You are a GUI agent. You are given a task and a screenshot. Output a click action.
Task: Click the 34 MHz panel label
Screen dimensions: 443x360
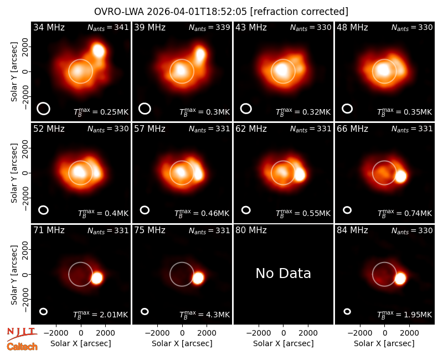[49, 27]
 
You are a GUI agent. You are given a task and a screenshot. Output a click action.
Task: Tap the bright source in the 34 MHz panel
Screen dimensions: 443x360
[99, 51]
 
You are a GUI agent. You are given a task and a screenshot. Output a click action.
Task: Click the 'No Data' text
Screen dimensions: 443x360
[283, 273]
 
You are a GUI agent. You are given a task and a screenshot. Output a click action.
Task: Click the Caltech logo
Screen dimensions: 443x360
[22, 347]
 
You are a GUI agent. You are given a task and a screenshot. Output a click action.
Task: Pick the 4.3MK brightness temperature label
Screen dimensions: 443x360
[204, 314]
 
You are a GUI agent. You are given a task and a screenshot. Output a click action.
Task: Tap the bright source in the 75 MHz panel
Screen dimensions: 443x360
[198, 278]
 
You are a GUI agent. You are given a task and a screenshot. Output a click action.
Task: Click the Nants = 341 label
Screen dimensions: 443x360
[108, 27]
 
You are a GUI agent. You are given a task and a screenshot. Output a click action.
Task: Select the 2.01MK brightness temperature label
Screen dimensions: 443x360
[101, 314]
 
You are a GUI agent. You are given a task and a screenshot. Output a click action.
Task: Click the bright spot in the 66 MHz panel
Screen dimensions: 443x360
[400, 176]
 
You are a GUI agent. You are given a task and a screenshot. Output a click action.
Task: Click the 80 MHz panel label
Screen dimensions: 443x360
[251, 230]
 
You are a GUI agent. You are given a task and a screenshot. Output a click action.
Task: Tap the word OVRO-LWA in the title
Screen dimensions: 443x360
[119, 12]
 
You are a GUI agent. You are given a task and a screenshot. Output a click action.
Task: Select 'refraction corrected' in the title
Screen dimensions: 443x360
[300, 12]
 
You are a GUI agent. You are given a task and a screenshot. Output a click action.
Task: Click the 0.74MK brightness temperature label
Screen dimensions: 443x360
[405, 213]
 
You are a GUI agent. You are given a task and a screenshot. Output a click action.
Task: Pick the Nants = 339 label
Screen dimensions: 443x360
[209, 27]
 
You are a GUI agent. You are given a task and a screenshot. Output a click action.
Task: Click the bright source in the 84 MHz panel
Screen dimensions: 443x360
[400, 279]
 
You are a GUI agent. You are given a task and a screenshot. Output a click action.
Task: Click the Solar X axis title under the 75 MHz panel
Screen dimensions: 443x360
[182, 343]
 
